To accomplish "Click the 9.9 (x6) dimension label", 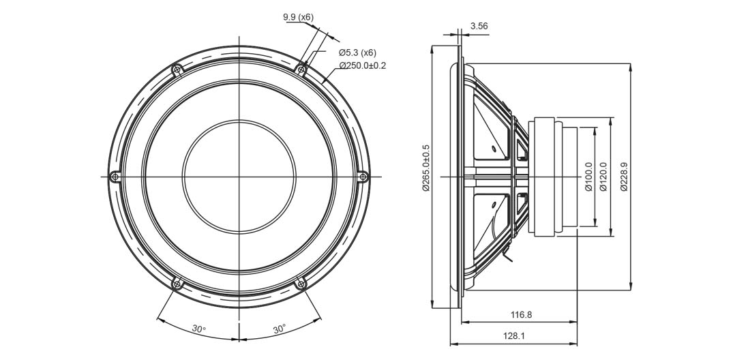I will click(x=298, y=17).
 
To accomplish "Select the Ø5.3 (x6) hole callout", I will click(x=357, y=52).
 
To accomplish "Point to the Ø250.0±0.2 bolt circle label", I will click(x=363, y=65).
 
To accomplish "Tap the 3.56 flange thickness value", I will click(x=479, y=27).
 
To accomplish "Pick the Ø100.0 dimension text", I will click(x=588, y=177).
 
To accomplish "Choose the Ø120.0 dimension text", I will click(x=603, y=177).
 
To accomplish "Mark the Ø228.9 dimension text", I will click(x=624, y=177).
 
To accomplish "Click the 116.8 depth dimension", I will click(x=521, y=315).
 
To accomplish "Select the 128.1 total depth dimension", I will click(x=514, y=335).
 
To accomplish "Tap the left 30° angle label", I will click(x=198, y=329).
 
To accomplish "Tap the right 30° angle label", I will click(x=279, y=329).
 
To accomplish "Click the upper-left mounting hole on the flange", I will click(x=177, y=69).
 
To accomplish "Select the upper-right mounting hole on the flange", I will click(x=301, y=69).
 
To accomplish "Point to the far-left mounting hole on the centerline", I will click(x=115, y=177).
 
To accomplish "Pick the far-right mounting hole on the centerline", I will click(x=363, y=177).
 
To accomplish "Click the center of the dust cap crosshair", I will click(x=239, y=177).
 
